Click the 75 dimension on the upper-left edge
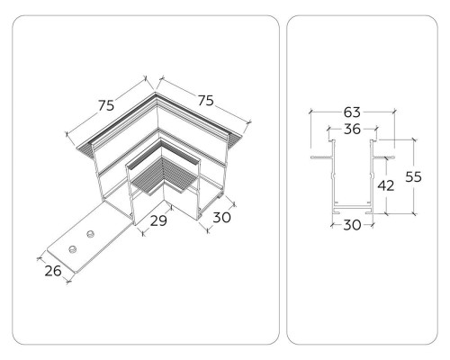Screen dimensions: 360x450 coord(106,105)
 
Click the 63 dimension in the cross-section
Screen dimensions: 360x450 coord(352,112)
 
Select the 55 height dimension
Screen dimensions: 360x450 coord(413,177)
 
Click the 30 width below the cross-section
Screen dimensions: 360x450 coord(351,225)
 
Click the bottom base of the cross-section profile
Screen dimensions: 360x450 coord(351,209)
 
